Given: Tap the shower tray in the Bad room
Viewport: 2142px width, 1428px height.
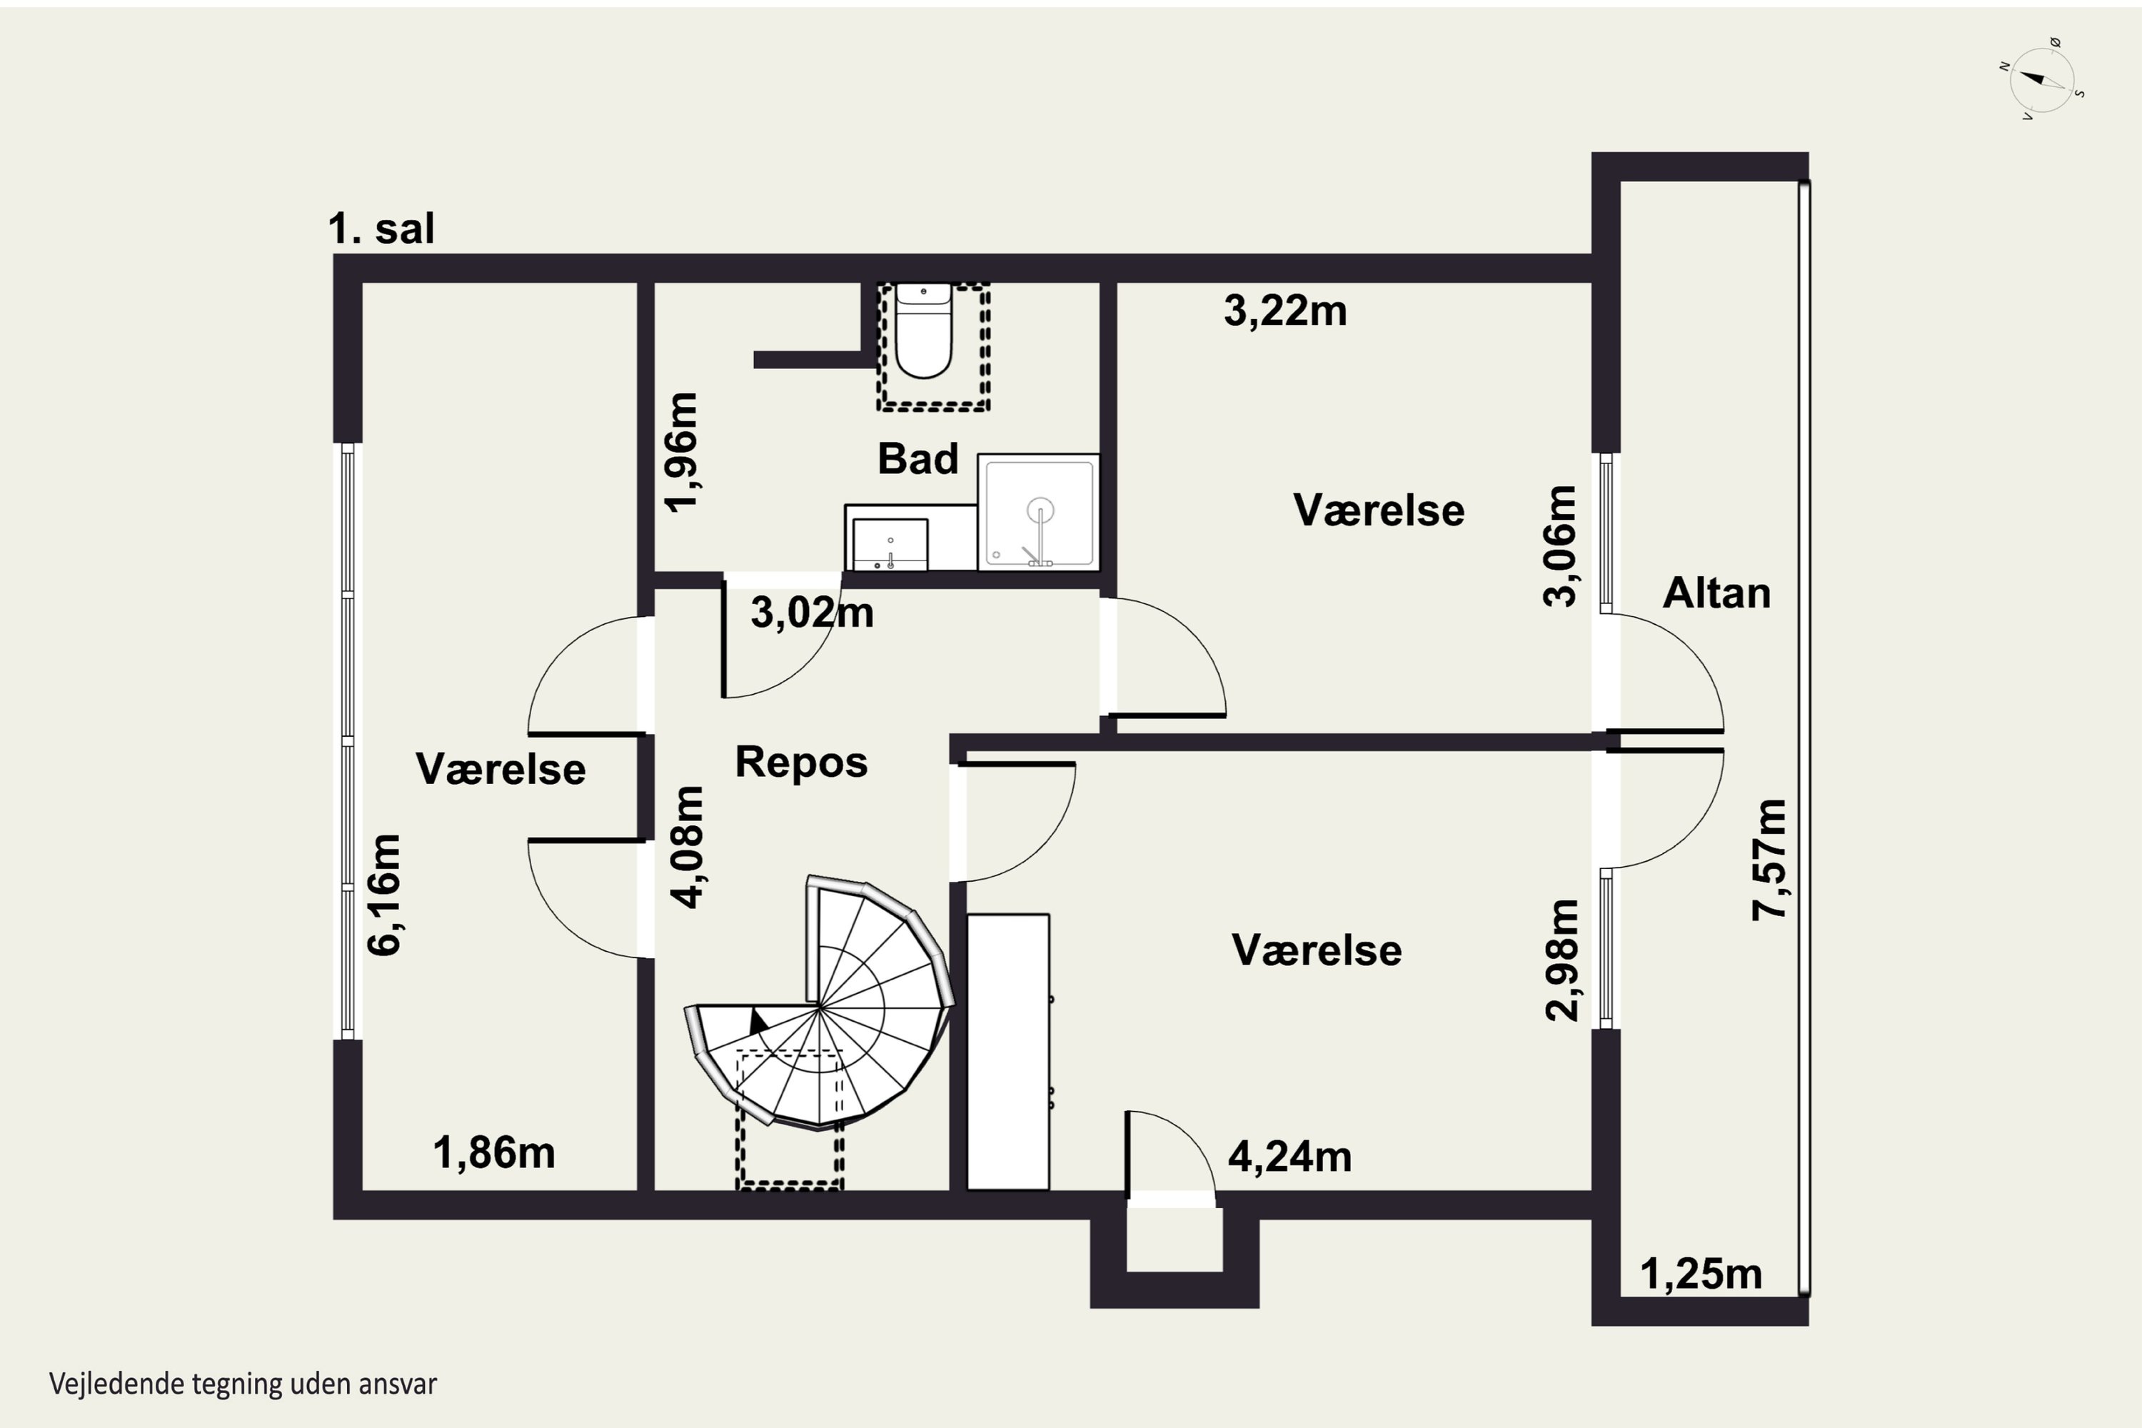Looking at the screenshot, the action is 1038,512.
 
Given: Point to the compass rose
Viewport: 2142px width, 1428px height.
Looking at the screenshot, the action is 2043,80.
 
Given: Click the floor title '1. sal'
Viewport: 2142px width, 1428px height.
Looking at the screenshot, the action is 381,228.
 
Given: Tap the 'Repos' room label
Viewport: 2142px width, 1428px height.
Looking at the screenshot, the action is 801,763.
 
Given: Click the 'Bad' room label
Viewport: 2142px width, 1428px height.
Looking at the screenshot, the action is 918,459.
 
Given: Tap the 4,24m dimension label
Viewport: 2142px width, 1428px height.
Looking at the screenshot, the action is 1289,1157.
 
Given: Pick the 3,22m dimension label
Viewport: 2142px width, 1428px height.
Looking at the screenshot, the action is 1285,311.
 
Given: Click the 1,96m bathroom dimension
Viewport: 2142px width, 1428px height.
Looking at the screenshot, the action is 681,453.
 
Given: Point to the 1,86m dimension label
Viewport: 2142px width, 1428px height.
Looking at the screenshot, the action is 493,1153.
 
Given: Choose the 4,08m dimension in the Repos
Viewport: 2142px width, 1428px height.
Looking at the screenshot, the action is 688,847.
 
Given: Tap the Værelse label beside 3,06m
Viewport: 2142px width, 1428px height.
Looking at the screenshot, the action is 1379,510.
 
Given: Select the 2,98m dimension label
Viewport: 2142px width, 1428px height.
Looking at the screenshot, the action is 1563,960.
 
